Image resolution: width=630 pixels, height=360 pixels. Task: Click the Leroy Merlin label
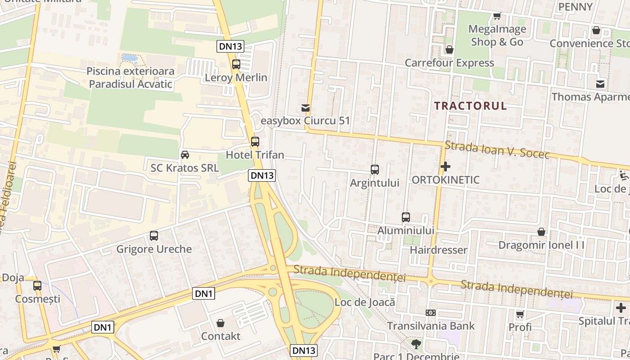pos(236,77)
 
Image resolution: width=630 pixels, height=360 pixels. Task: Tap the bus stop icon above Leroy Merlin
pos(236,64)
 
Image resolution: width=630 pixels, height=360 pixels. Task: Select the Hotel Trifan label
pos(255,155)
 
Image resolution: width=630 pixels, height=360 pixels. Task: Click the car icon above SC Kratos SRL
pos(184,155)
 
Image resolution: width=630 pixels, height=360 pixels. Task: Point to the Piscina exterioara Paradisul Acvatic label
pos(130,77)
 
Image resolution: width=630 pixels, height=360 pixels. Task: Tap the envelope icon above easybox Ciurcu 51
pos(306,108)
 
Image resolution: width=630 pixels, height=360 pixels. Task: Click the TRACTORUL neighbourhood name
pos(470,106)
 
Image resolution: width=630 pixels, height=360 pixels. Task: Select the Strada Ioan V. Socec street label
pos(497,150)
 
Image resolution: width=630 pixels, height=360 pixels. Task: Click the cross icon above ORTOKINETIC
pos(445,167)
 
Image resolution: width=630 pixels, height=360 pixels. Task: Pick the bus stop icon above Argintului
pos(375,170)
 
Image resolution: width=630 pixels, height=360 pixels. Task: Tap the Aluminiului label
pos(405,230)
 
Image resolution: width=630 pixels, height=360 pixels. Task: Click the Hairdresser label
pos(438,250)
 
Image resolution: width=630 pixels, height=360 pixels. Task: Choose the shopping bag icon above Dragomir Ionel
pos(541,232)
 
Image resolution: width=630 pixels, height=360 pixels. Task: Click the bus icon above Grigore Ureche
pos(154,236)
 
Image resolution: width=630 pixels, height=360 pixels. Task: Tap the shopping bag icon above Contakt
pos(220,323)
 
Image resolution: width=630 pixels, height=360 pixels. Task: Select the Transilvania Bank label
pos(431,325)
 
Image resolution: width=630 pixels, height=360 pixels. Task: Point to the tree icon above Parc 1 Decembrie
pos(416,344)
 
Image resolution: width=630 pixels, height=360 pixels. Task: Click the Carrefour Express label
pos(449,63)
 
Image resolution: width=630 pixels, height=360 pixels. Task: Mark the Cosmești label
pos(37,299)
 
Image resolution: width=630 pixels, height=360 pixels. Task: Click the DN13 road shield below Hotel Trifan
pos(262,175)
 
